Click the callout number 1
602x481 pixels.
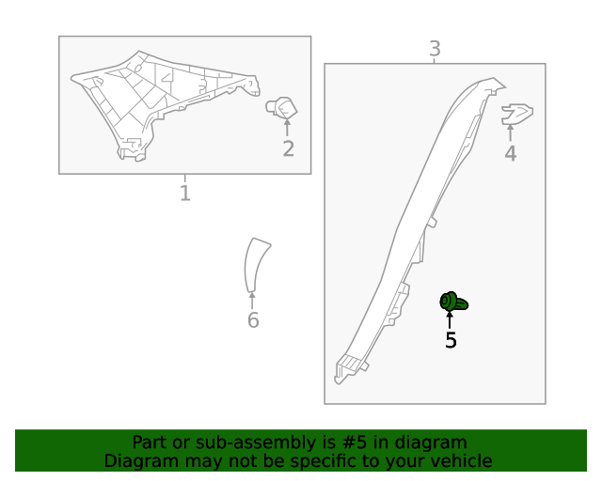point(185,193)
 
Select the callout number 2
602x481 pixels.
point(289,148)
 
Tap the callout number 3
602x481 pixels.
point(435,49)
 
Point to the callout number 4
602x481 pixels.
point(510,153)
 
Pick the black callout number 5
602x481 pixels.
point(451,340)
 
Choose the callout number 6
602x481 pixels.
point(253,320)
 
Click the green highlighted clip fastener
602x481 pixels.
point(453,302)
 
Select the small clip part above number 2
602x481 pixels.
point(281,108)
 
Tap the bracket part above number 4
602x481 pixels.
point(516,115)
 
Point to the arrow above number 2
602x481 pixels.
point(287,128)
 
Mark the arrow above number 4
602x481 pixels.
point(510,132)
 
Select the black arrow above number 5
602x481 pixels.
point(450,320)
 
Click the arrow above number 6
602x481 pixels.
point(252,301)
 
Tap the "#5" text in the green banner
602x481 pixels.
point(354,442)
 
